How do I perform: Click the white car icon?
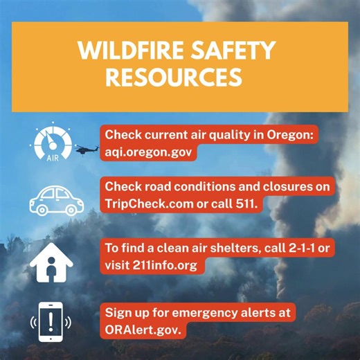click(x=51, y=198)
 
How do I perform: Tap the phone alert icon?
click(x=51, y=322)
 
